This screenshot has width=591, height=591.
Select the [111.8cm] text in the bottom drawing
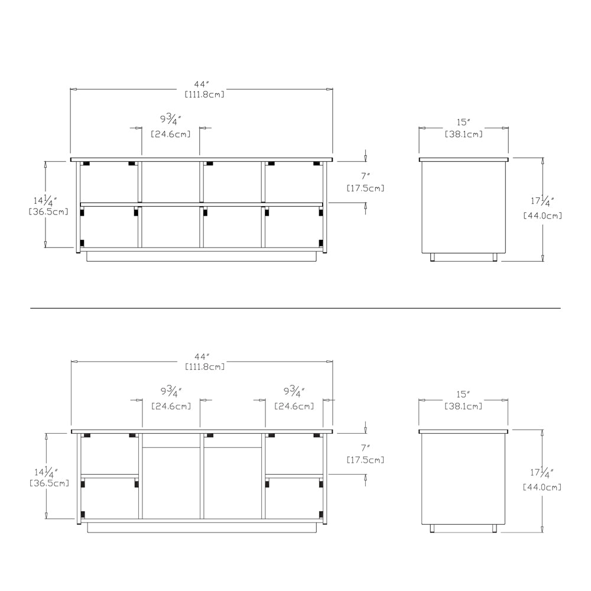204,366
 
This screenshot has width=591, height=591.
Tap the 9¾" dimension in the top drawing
171,121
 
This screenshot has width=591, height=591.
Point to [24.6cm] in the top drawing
171,134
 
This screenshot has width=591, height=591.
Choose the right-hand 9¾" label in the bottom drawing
294,392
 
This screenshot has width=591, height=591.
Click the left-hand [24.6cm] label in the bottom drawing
171,406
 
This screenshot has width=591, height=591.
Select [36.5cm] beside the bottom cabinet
49,483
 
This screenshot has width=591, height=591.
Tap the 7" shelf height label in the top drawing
365,176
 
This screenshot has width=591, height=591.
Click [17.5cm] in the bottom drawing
365,459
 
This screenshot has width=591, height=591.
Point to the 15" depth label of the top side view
463,122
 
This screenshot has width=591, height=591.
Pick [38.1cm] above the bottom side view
463,406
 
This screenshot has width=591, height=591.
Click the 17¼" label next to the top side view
542,201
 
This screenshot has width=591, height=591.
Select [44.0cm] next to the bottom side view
542,487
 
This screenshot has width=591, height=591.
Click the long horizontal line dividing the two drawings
295,308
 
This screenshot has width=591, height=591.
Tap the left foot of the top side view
433,257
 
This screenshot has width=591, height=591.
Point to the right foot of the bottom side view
493,528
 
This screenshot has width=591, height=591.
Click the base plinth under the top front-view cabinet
202,256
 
